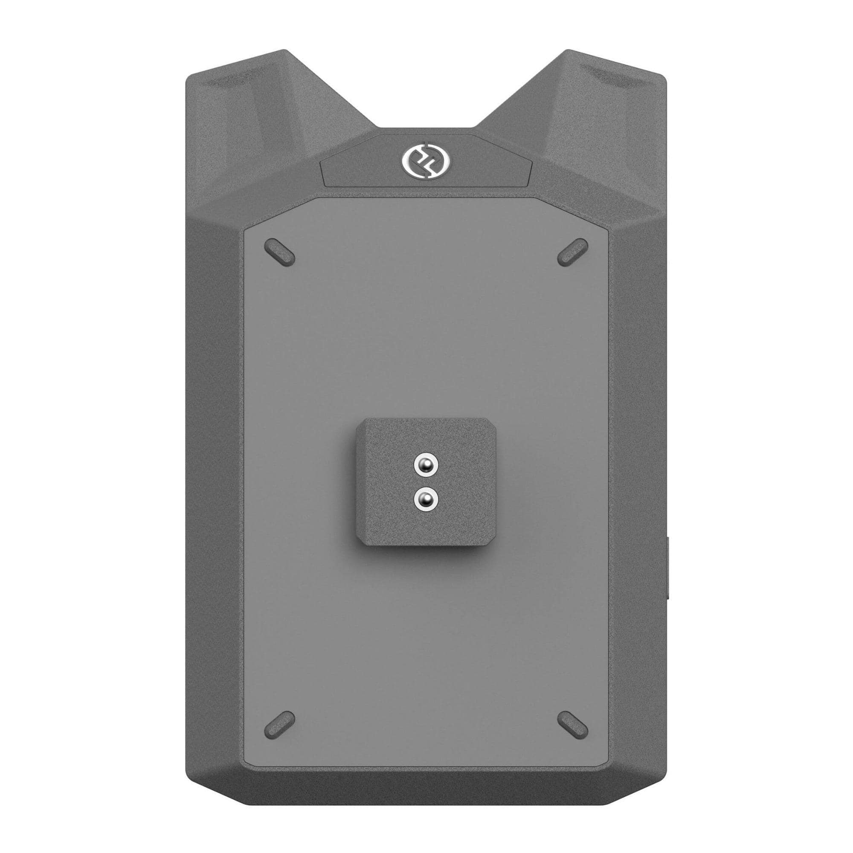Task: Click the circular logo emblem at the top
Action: pos(426,159)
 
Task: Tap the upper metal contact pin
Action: pos(426,464)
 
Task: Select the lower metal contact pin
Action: pos(426,499)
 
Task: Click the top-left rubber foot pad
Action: pos(279,252)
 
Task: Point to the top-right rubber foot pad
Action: pos(573,252)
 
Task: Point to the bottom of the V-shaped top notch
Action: pos(426,129)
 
